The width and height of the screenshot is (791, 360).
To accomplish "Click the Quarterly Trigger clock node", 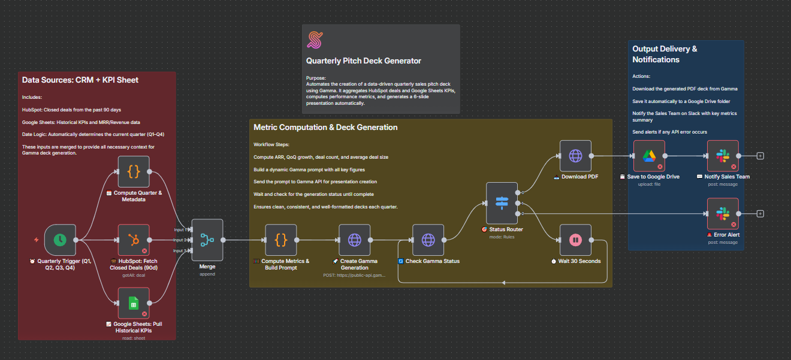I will coord(60,240).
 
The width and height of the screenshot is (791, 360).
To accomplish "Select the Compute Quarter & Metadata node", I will coord(134,172).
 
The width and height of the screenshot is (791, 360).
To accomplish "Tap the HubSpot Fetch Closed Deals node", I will coord(134,240).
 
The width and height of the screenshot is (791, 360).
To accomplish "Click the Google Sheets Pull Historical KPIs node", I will coord(134,303).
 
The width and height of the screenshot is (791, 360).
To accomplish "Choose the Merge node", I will coord(207,240).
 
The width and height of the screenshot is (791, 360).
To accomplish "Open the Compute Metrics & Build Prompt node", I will coord(281,240).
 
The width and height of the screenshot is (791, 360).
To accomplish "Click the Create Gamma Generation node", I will coord(355,240).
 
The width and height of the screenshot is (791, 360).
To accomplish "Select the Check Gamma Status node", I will coord(428,240).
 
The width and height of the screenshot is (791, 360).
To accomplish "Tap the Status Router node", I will coord(502,203).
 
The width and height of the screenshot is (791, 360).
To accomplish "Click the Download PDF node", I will coord(575,156).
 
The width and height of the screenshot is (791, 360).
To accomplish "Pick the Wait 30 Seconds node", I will coord(575,240).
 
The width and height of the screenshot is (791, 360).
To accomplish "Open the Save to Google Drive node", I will coord(649,156).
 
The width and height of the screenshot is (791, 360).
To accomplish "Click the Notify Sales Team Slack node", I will coord(723,156).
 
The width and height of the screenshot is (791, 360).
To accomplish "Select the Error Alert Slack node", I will coord(723,214).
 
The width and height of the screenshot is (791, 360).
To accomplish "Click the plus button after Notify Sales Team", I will coord(760,156).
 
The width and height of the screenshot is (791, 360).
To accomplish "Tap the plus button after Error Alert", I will coord(760,214).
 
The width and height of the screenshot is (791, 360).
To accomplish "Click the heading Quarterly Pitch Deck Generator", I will coord(364,61).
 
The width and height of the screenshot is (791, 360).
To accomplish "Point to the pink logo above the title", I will coord(315,40).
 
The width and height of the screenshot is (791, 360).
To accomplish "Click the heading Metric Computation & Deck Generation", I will coord(325,128).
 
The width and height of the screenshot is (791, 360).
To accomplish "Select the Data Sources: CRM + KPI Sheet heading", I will coord(80,80).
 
